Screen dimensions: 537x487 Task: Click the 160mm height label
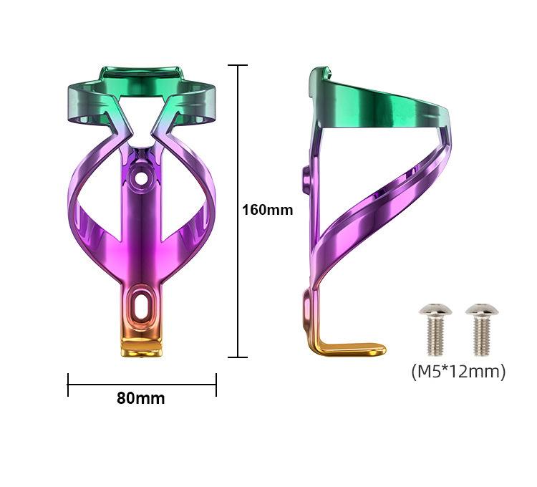268,210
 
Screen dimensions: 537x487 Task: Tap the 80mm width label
141,398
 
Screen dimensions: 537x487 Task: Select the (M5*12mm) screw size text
458,371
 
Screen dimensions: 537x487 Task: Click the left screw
435,329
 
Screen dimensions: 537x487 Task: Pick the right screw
482,329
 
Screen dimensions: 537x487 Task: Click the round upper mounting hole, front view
140,178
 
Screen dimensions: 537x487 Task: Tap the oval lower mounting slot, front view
140,304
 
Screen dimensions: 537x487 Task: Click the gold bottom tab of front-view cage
141,347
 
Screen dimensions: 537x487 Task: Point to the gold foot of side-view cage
349,349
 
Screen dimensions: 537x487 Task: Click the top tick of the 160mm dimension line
238,65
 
